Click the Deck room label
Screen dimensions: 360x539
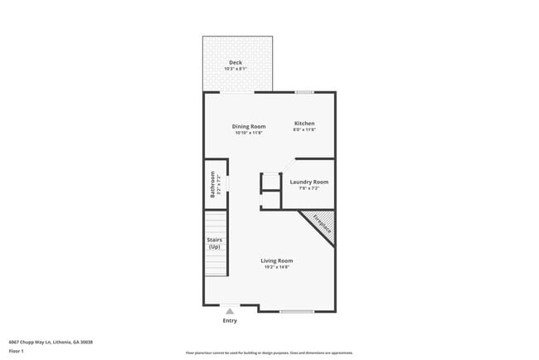click(x=236, y=62)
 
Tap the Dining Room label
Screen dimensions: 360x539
click(x=250, y=127)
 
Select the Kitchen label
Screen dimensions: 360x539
click(x=304, y=124)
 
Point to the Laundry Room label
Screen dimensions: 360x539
click(x=308, y=182)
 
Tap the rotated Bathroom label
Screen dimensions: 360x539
click(x=212, y=184)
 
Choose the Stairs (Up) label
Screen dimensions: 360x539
click(x=214, y=243)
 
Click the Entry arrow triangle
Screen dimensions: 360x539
click(x=230, y=311)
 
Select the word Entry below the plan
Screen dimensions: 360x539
click(x=230, y=320)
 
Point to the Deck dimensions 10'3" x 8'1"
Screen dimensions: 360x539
click(x=237, y=69)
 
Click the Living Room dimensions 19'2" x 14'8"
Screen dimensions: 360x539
click(x=277, y=267)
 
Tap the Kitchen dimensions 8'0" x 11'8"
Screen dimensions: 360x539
click(x=304, y=130)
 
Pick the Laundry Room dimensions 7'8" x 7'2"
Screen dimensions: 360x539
click(x=308, y=188)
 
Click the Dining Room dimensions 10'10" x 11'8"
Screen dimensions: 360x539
click(x=249, y=133)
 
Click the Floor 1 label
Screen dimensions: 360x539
click(x=17, y=351)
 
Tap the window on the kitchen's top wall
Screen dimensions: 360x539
click(x=304, y=92)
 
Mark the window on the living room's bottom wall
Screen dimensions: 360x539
click(x=296, y=312)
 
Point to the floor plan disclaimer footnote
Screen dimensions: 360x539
click(x=269, y=352)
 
